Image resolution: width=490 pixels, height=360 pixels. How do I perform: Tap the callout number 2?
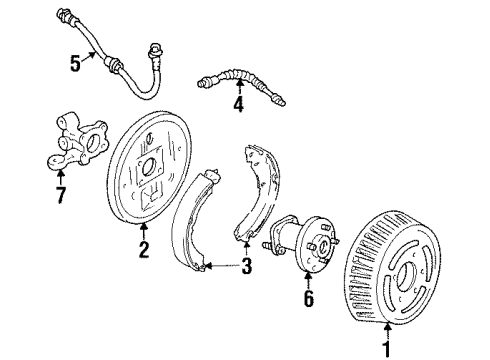pyautogui.click(x=143, y=251)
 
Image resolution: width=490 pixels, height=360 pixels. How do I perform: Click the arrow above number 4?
pyautogui.click(x=237, y=87)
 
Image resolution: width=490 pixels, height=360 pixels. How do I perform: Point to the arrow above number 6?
pyautogui.click(x=308, y=280)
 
